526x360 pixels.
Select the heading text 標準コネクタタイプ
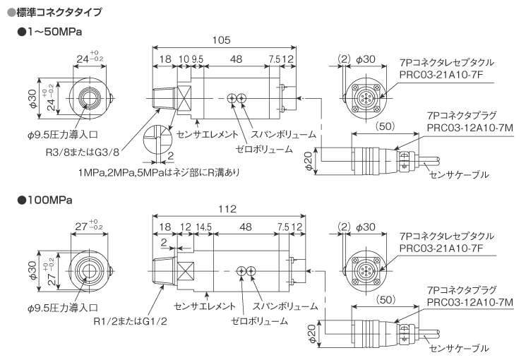tap(59, 12)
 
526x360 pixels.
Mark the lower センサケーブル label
tap(459, 348)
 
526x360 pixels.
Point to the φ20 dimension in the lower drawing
tap(311, 330)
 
